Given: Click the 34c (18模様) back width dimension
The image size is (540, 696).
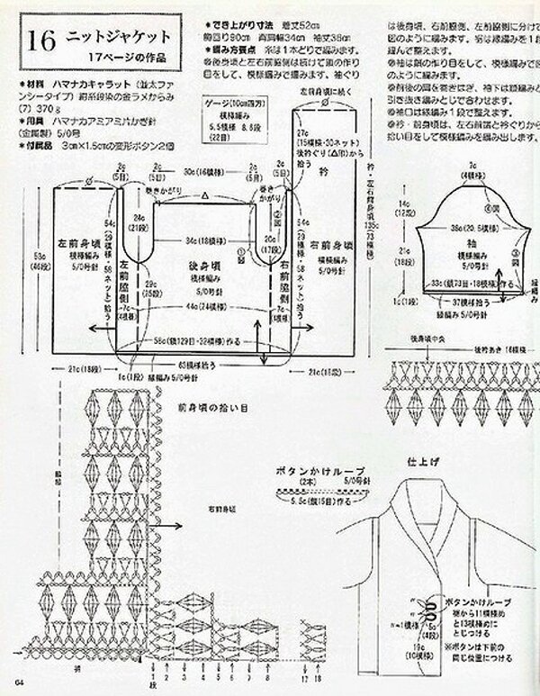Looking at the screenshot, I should point(202,240).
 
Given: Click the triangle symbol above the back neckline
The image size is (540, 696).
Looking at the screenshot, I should point(206,194).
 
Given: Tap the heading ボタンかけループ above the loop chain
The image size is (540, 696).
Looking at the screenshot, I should point(308,470).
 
